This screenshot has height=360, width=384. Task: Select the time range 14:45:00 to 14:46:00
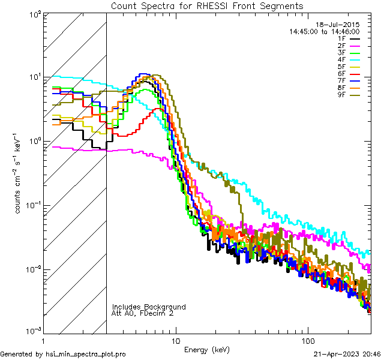[324, 31]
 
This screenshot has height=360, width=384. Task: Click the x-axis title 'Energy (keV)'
[207, 349]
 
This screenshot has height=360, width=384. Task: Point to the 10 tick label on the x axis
[175, 340]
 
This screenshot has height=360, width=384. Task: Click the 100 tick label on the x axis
[307, 340]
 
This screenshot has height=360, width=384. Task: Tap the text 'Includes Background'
[148, 307]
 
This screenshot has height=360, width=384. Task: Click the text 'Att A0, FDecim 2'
[142, 313]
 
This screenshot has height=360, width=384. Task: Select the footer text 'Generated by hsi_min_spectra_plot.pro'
[63, 354]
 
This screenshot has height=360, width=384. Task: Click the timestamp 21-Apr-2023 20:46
[347, 354]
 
